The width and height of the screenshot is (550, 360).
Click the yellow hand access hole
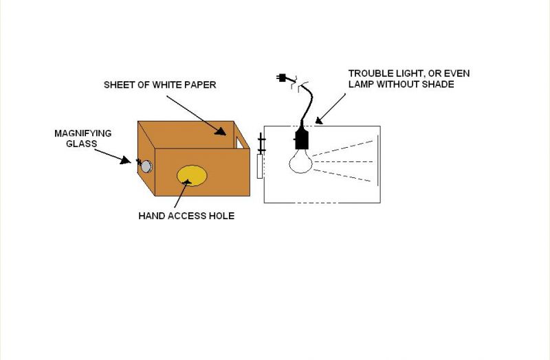click(192, 176)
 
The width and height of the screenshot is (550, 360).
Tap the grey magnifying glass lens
click(146, 166)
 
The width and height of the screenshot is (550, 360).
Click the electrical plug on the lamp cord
click(281, 78)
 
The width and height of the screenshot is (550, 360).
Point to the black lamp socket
click(301, 139)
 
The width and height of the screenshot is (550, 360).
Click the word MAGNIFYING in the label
click(83, 133)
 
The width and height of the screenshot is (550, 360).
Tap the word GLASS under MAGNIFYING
click(81, 144)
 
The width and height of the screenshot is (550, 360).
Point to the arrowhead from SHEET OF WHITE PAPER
click(221, 131)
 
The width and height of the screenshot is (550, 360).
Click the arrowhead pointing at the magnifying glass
click(124, 160)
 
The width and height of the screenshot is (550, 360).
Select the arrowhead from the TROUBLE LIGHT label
click(318, 120)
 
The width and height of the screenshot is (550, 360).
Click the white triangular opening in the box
click(240, 143)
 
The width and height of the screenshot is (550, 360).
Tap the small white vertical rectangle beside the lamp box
click(260, 166)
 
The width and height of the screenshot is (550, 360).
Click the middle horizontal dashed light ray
click(342, 161)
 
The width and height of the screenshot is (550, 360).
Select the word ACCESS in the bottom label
click(186, 216)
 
